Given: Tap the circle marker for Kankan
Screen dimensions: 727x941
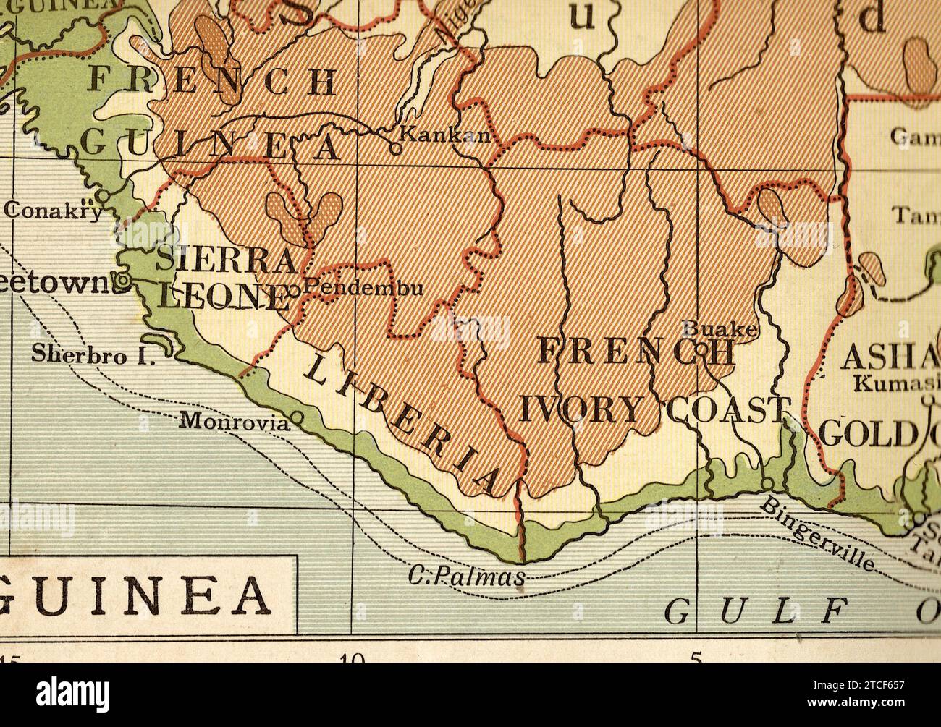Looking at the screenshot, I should [x=395, y=149].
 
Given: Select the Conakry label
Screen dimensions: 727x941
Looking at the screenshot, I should [x=53, y=209].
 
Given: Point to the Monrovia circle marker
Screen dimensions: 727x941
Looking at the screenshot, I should [x=295, y=417].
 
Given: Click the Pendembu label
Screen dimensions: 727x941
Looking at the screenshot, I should [x=363, y=287].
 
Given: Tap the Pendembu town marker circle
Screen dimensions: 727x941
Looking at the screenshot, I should [x=294, y=290].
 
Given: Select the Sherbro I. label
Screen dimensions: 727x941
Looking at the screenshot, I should [x=93, y=354].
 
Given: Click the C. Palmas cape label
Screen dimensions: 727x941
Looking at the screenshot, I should [x=466, y=577].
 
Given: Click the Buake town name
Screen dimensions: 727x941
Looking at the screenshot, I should [x=720, y=330].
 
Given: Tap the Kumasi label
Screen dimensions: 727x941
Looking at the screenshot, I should [x=896, y=383].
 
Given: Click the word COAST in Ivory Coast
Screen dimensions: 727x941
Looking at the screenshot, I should [x=726, y=410].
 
